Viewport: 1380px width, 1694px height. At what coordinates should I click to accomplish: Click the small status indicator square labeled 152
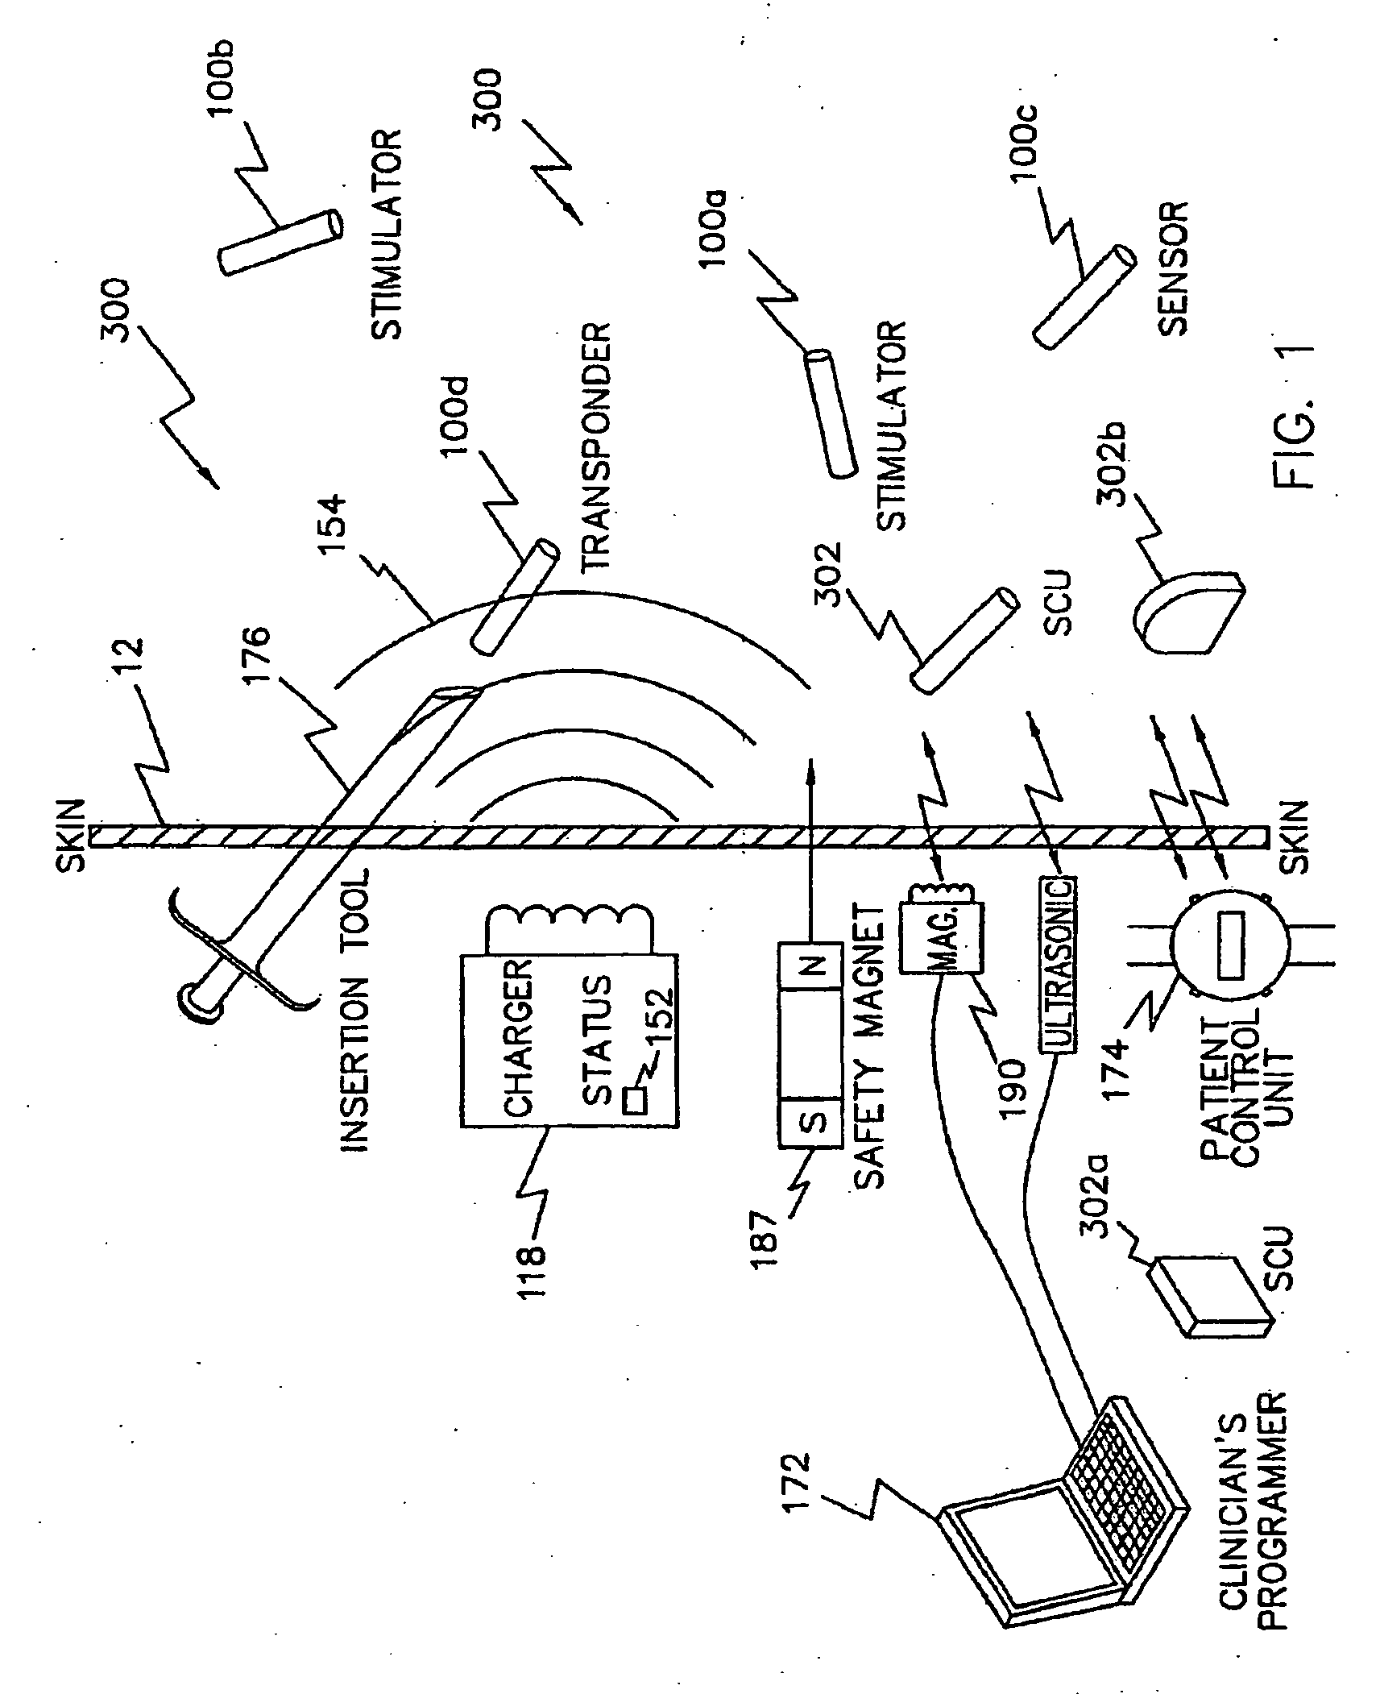(636, 1101)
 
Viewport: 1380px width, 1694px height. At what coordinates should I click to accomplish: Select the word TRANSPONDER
(595, 447)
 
